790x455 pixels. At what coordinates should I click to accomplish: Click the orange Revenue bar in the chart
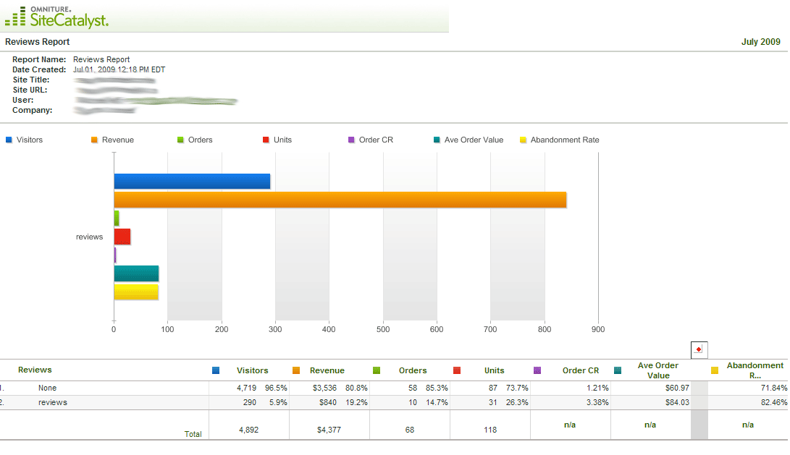[340, 200]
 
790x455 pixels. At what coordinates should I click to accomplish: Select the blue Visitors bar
[192, 182]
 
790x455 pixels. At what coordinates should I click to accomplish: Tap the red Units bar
[122, 237]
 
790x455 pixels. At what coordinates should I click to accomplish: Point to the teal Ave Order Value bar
[136, 273]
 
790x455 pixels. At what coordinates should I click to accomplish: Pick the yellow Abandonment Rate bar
[136, 292]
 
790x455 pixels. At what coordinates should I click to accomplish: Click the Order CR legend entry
[375, 140]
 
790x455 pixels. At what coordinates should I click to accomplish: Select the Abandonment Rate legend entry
[564, 140]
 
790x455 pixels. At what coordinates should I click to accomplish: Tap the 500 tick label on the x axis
[383, 329]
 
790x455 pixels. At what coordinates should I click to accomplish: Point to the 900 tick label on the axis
[598, 329]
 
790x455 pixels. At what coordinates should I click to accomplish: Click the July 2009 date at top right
[760, 42]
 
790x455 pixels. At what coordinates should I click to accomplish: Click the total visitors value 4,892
[248, 430]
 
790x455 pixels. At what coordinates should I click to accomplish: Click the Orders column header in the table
[413, 370]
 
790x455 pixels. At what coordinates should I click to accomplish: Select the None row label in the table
[47, 388]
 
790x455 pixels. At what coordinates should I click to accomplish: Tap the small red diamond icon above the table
[698, 349]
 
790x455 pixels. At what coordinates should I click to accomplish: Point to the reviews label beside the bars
[89, 237]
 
